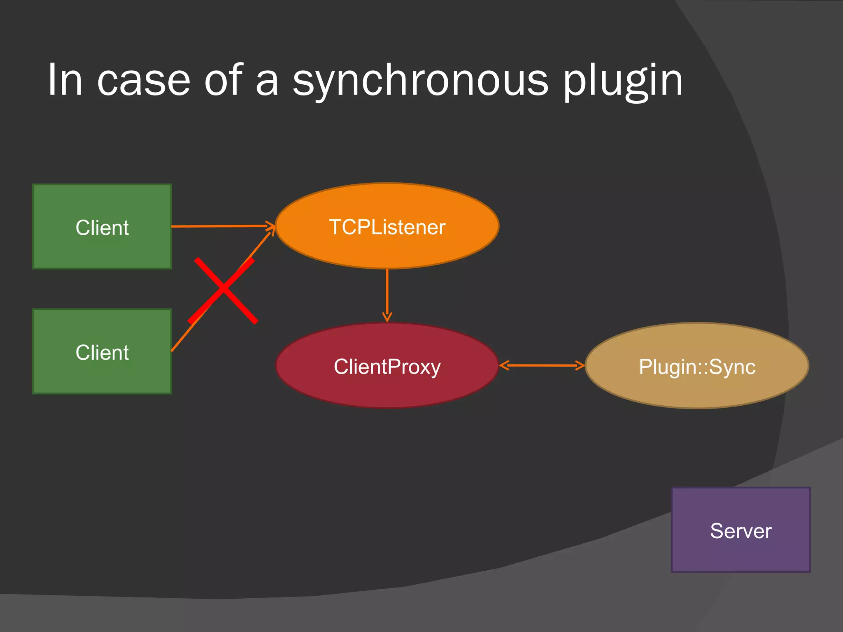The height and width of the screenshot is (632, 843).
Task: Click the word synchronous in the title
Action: (420, 81)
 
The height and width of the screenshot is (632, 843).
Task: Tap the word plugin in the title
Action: (622, 81)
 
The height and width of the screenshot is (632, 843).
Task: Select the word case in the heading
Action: (144, 81)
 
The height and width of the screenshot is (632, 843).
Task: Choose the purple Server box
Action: (741, 551)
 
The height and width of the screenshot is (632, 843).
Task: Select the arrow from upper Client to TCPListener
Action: (222, 226)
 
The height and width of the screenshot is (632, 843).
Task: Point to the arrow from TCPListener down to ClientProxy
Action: (387, 294)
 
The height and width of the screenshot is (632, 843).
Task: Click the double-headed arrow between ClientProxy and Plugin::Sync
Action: (542, 365)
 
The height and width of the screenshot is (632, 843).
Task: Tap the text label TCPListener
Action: (387, 227)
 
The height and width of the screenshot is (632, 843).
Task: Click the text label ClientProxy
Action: (387, 367)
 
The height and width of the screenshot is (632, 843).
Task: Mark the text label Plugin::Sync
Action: (697, 367)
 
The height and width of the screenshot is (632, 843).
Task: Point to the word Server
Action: (741, 531)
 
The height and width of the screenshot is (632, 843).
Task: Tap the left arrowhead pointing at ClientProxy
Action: (504, 365)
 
